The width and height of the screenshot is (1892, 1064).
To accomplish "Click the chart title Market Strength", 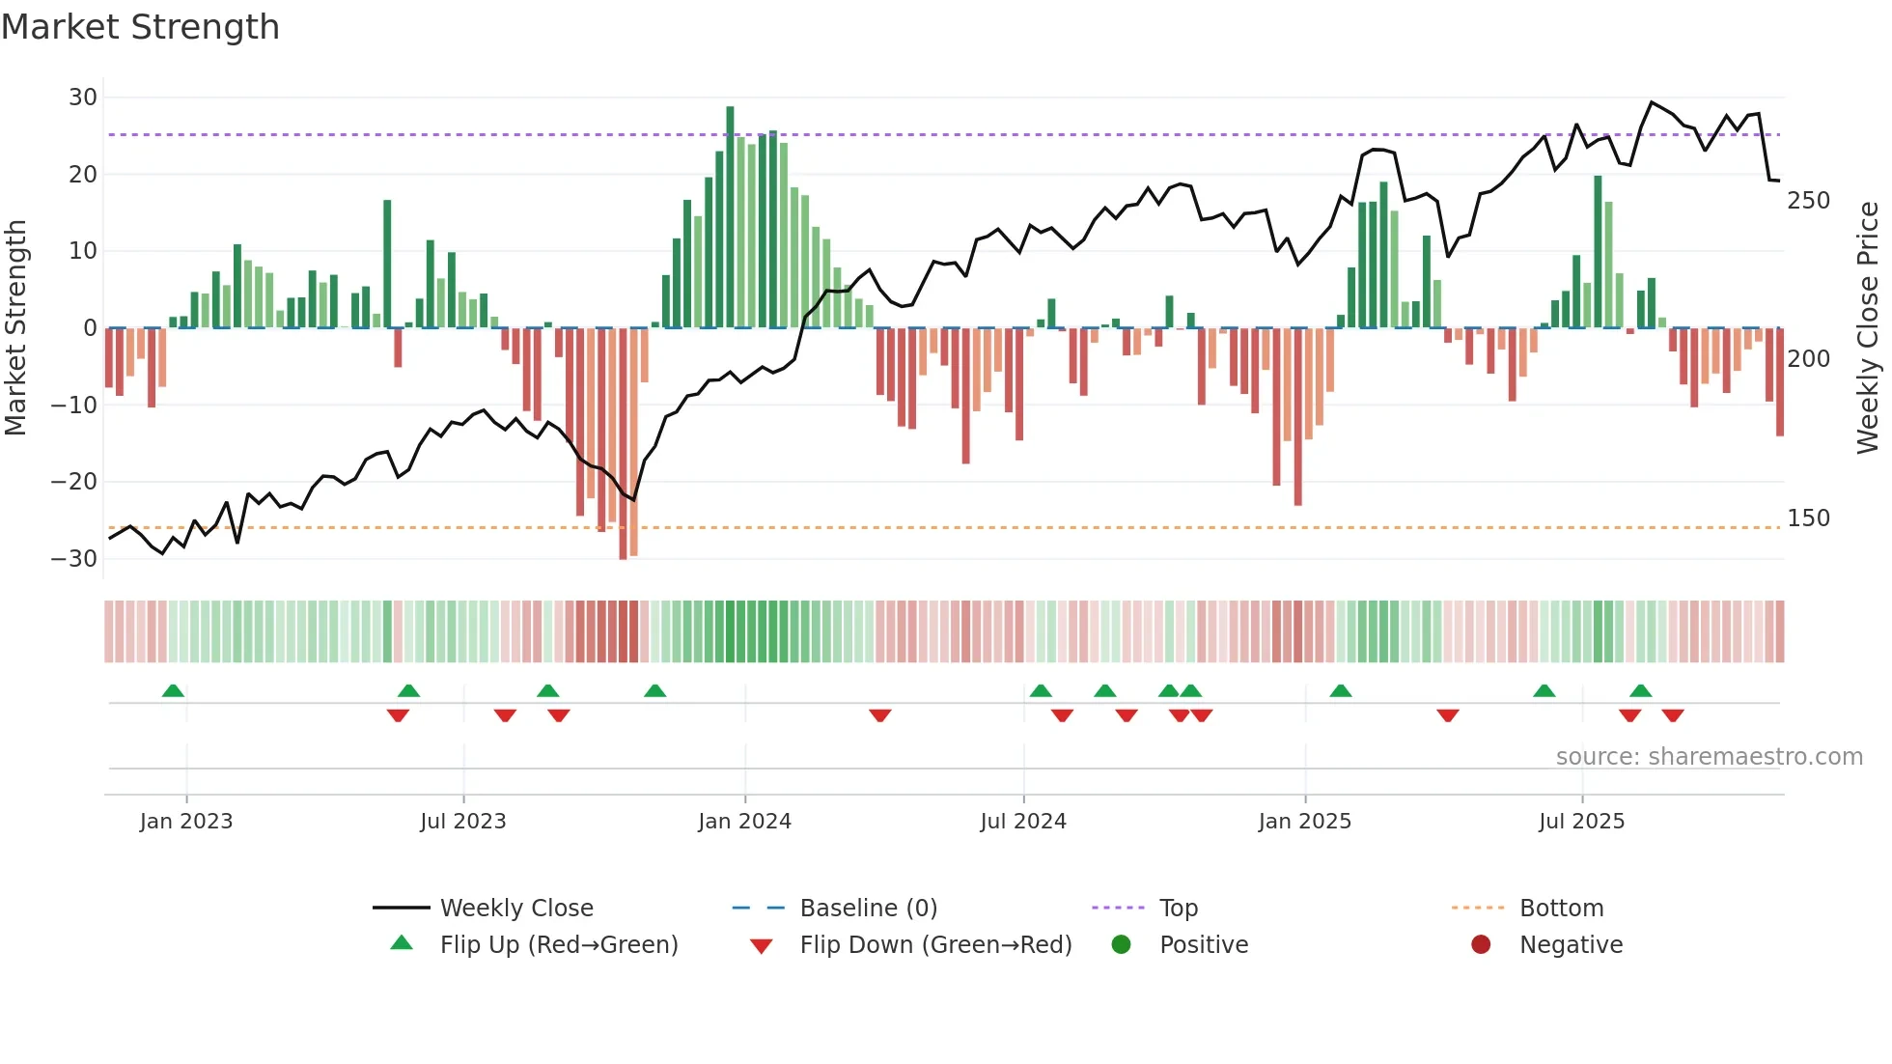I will (140, 27).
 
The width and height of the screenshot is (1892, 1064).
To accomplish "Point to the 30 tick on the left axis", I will (83, 98).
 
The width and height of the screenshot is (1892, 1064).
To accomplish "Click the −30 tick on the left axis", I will (74, 559).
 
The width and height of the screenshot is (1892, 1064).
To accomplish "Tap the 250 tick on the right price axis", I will (1808, 201).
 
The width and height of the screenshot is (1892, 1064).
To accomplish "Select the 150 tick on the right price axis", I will (1808, 518).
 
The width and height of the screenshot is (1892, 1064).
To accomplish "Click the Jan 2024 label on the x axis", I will (744, 822).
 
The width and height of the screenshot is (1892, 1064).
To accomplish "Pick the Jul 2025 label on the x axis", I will (1581, 822).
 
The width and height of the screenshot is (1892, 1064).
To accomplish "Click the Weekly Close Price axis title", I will (1868, 328).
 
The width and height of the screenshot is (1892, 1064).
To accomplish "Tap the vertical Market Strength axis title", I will (15, 328).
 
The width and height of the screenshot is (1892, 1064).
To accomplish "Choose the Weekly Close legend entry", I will (516, 909).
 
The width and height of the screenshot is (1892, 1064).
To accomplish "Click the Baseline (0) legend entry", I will (868, 909).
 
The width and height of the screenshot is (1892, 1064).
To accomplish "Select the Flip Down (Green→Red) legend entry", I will (935, 945).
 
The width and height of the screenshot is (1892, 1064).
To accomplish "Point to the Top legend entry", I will (1178, 909).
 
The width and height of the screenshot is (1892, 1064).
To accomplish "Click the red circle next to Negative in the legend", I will (1481, 945).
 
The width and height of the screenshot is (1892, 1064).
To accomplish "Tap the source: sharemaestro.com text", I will (1709, 757).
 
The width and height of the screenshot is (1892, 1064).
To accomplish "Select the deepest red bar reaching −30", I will (623, 444).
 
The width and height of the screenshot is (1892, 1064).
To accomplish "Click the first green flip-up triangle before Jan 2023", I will (173, 691).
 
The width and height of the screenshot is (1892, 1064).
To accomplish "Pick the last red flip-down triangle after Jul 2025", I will (1673, 715).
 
